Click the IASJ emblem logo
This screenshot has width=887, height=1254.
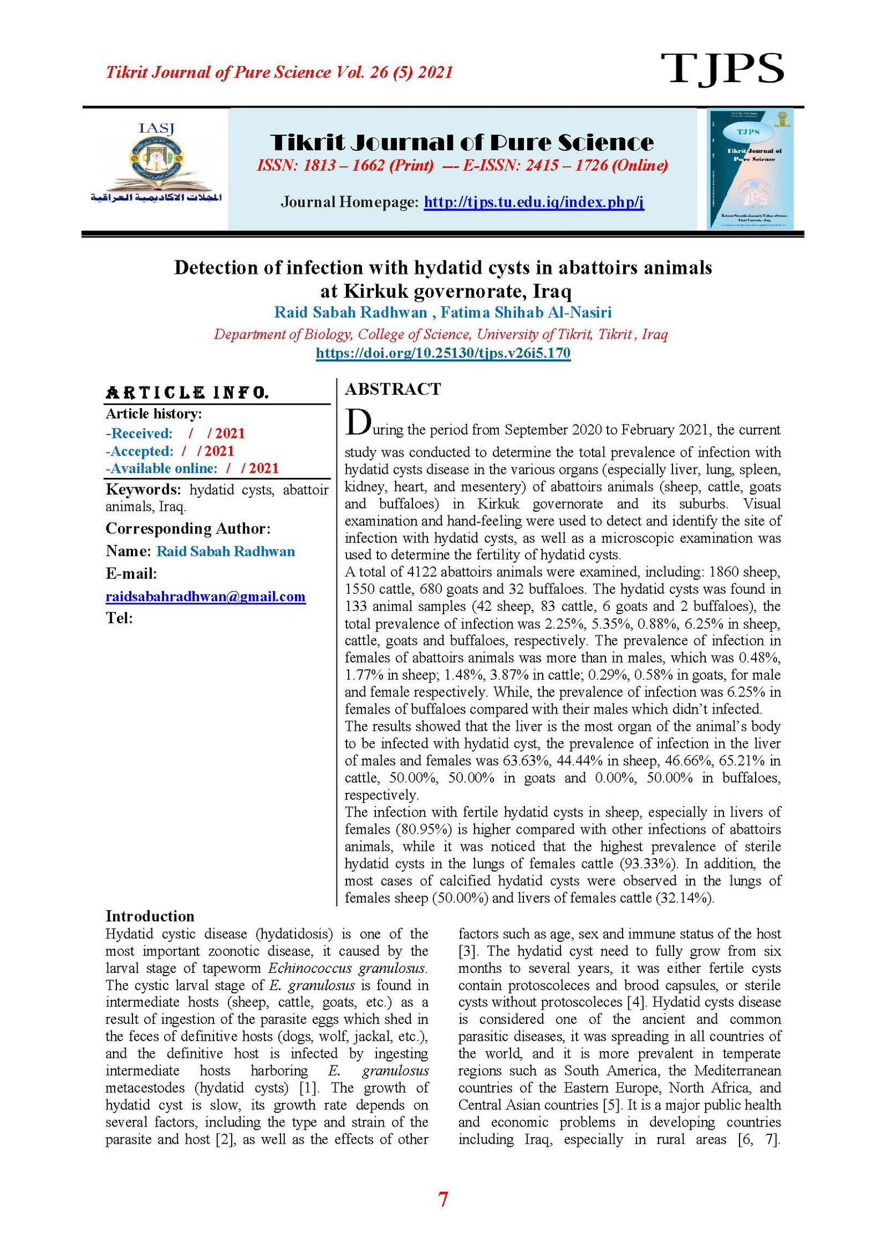(x=156, y=164)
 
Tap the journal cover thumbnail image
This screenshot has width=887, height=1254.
(x=750, y=169)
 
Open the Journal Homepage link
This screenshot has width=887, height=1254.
(x=533, y=202)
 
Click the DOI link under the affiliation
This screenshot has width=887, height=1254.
(x=443, y=353)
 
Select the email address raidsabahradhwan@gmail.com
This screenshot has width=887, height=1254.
(x=205, y=597)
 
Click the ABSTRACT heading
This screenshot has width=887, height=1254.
(x=392, y=389)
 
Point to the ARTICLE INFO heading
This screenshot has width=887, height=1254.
(x=187, y=393)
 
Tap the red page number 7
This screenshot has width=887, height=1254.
(x=443, y=1199)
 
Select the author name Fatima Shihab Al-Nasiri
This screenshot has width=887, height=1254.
(x=526, y=313)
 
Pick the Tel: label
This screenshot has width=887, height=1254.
(x=119, y=618)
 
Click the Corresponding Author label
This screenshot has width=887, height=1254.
(x=188, y=529)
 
